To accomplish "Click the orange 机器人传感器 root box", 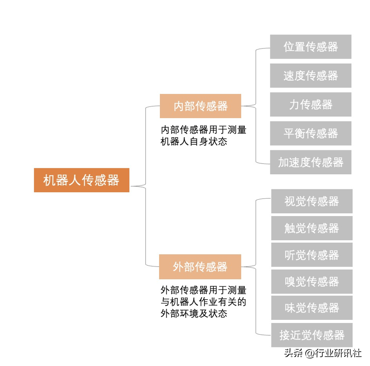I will (81, 180).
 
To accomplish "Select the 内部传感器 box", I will (201, 106).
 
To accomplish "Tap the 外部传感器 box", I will (200, 267).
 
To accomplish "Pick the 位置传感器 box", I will (311, 47).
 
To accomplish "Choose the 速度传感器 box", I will (311, 76).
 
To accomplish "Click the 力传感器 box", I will (311, 104).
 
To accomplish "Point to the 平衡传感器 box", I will (311, 133).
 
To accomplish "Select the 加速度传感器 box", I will (311, 162).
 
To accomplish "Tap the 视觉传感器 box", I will (312, 201).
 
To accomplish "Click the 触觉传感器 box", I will (312, 228).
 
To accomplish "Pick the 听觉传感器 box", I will (312, 255).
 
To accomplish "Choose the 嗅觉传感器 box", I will (312, 281).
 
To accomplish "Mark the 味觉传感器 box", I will (312, 308).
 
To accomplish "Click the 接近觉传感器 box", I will (312, 335).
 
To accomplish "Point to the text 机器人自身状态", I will (194, 141).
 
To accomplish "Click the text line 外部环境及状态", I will (194, 313).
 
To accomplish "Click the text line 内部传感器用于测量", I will (203, 130).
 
